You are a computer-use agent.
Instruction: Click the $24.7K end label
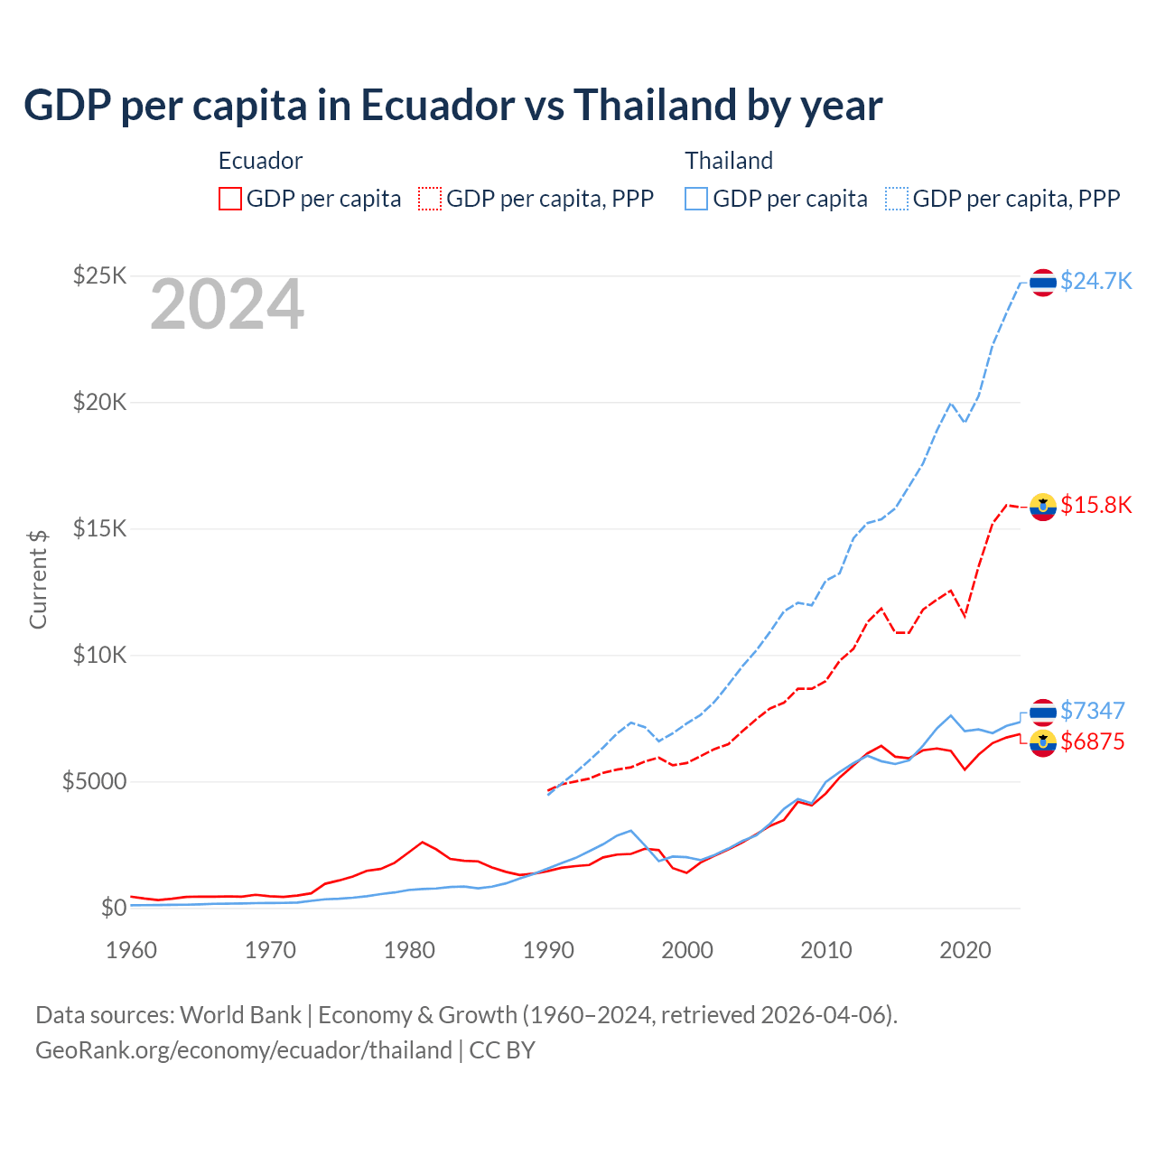point(1095,281)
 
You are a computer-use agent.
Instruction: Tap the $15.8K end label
point(1095,505)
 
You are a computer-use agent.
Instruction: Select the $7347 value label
point(1092,711)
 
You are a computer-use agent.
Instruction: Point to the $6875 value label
point(1092,741)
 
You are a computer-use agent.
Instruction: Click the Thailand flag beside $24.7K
point(1043,283)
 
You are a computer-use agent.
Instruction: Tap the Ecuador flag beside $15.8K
point(1043,507)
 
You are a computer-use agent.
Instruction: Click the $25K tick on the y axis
point(99,275)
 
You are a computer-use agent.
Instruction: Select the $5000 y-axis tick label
point(94,781)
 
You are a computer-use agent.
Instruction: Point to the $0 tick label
point(113,908)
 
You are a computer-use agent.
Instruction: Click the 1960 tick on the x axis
point(132,950)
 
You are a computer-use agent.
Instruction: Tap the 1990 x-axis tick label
point(549,950)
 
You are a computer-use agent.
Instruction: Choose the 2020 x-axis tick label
point(965,950)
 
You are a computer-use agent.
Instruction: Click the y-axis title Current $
point(38,579)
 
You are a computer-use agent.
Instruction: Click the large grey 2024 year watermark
point(227,305)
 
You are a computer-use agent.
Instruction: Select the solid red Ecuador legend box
point(230,199)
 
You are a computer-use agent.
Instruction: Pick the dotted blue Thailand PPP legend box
point(897,199)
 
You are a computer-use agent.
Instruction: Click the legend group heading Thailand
point(729,161)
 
